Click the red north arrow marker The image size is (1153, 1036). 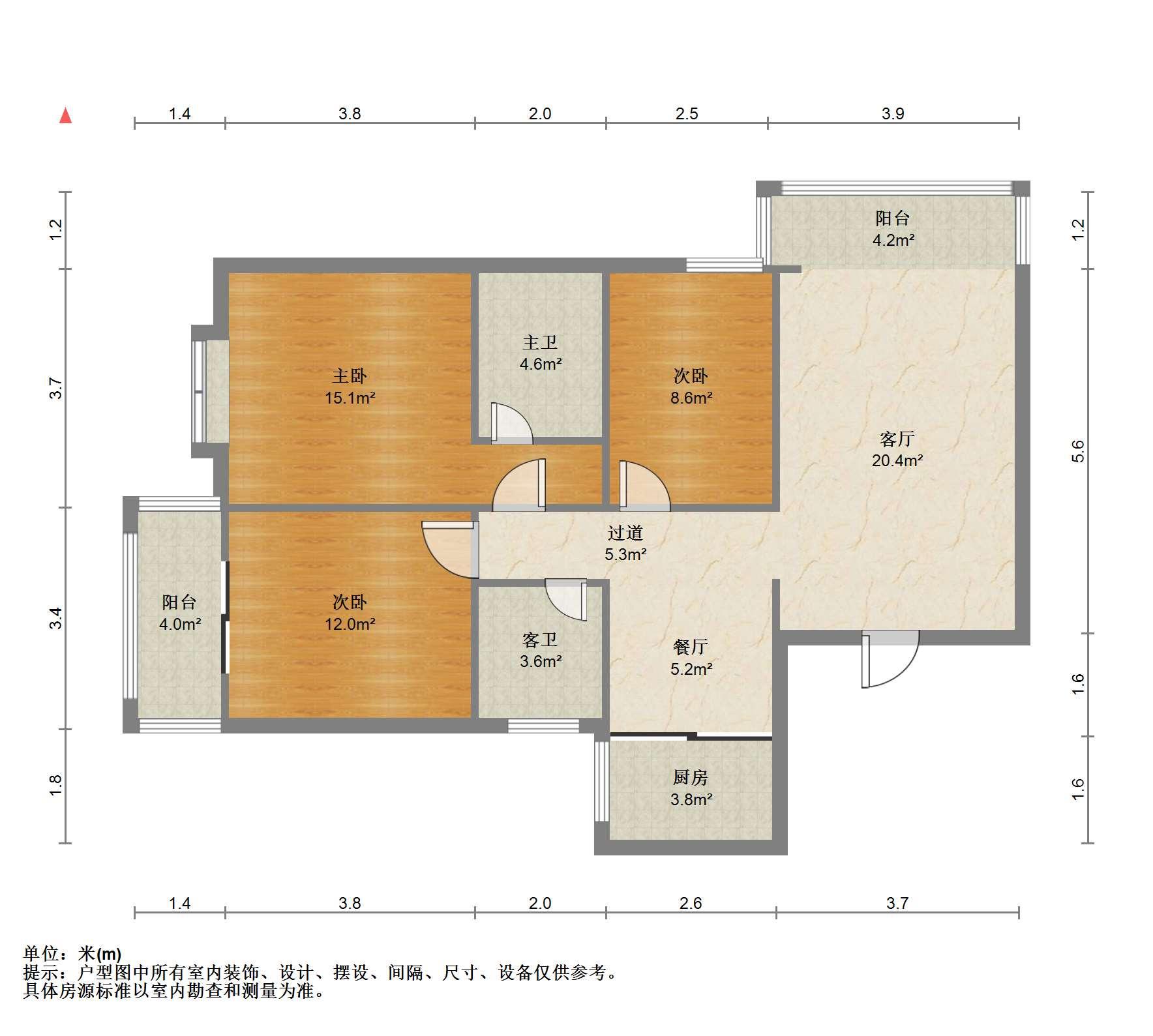pyautogui.click(x=65, y=116)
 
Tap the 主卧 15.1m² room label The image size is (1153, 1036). pyautogui.click(x=350, y=387)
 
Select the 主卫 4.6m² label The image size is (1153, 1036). pyautogui.click(x=541, y=353)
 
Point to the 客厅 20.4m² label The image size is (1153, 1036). pyautogui.click(x=897, y=449)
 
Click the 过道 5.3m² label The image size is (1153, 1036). pyautogui.click(x=625, y=543)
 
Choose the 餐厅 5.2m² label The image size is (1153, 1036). pyautogui.click(x=691, y=657)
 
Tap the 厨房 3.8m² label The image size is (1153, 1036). pyautogui.click(x=691, y=788)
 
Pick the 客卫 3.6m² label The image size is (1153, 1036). pyautogui.click(x=541, y=650)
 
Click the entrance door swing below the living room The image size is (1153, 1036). pyautogui.click(x=890, y=659)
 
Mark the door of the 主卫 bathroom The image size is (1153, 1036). pyautogui.click(x=513, y=423)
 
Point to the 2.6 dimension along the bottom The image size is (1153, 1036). pyautogui.click(x=691, y=903)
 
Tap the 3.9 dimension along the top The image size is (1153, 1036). pyautogui.click(x=893, y=113)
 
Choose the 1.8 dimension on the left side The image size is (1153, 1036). pyautogui.click(x=56, y=785)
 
